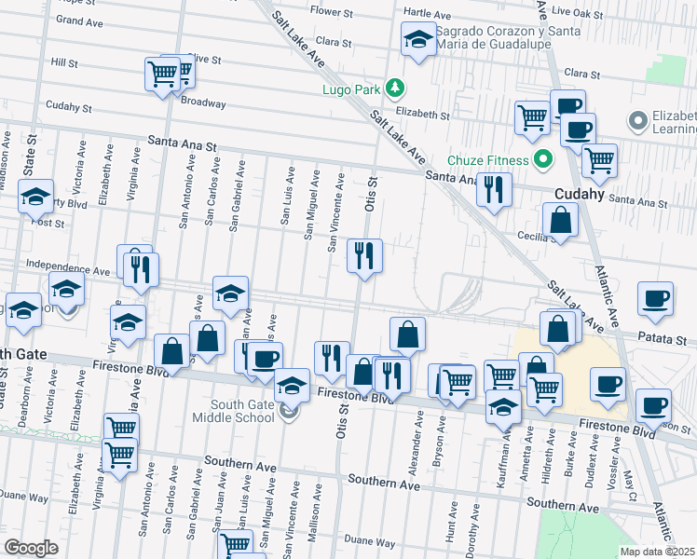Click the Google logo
(32, 548)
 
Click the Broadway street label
(203, 102)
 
